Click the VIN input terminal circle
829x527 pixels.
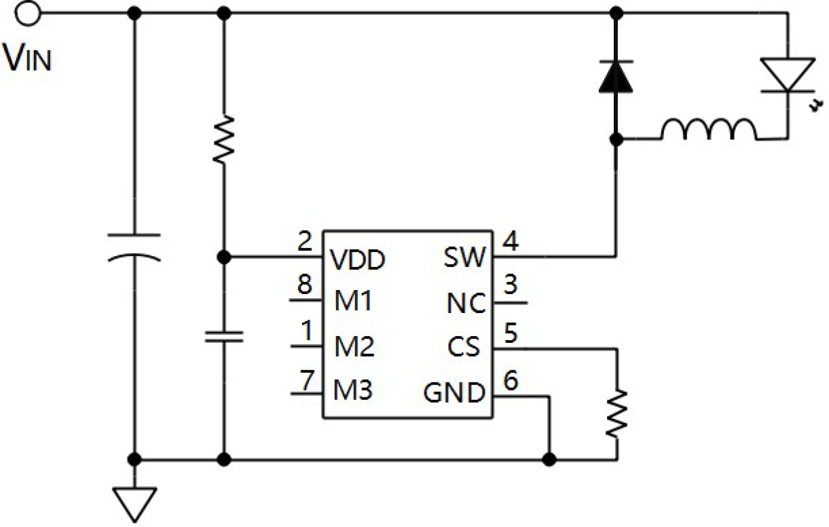27,14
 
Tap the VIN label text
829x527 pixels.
26,57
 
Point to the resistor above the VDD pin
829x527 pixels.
223,139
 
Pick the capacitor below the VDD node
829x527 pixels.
224,336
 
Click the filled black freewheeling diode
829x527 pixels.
616,76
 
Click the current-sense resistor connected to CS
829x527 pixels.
616,414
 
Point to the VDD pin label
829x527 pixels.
358,259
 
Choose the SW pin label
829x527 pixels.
464,257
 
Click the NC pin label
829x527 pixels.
466,304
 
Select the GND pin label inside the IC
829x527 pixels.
454,393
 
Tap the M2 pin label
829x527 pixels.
354,347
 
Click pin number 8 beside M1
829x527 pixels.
305,285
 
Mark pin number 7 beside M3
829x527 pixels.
307,380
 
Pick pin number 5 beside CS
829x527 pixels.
511,333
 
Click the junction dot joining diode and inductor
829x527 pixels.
616,139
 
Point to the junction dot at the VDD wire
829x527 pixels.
223,257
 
